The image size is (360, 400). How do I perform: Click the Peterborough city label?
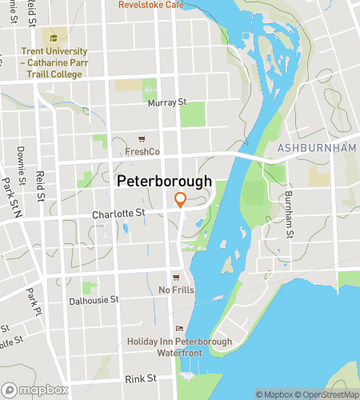click(x=165, y=182)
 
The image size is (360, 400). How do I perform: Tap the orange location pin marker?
click(x=181, y=200)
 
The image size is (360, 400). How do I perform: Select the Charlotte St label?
click(x=118, y=214)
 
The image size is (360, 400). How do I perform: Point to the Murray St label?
click(x=166, y=102)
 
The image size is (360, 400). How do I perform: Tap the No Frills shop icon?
click(x=176, y=278)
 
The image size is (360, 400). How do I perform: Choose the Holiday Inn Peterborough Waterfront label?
click(x=179, y=347)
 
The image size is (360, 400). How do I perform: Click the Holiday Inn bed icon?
click(x=179, y=328)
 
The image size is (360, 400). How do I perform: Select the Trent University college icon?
click(x=54, y=38)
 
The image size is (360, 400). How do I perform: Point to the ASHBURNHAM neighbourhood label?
click(x=318, y=149)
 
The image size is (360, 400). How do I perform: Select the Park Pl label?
click(x=32, y=301)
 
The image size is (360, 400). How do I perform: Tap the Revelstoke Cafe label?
click(x=151, y=5)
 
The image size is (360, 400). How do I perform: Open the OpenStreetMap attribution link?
click(x=328, y=394)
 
